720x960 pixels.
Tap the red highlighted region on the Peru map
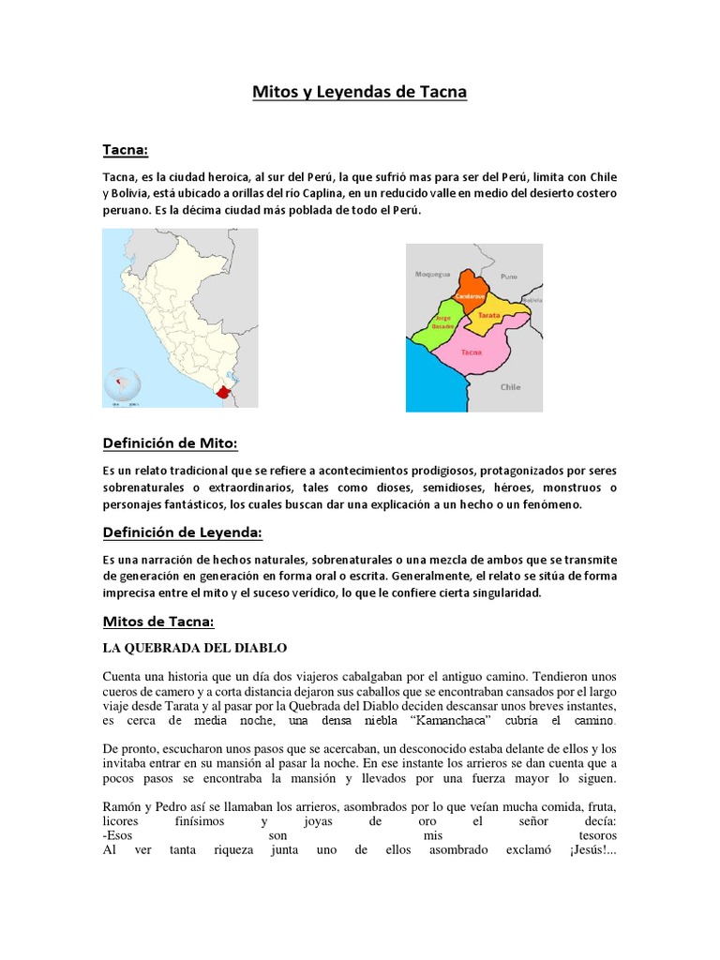click(222, 394)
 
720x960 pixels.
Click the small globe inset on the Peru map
click(121, 385)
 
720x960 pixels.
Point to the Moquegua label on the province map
click(432, 275)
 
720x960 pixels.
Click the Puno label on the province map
click(509, 277)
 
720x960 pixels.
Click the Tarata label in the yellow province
click(489, 316)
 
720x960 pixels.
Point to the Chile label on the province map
click(511, 385)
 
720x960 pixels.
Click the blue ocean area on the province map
click(428, 384)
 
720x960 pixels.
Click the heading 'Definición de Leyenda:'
click(182, 532)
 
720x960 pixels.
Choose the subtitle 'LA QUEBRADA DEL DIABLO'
click(194, 648)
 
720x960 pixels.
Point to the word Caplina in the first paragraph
click(317, 193)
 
